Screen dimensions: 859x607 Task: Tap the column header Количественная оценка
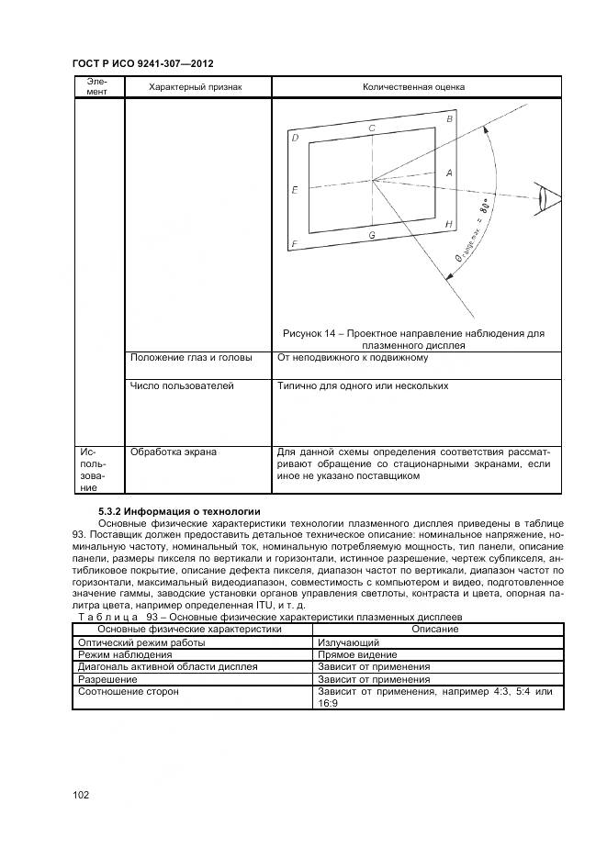(x=413, y=87)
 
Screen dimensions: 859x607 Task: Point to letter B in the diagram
(x=449, y=119)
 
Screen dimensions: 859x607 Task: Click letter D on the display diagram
(x=295, y=139)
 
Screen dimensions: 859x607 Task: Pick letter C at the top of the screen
(x=371, y=129)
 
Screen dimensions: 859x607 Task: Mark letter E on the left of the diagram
(x=294, y=191)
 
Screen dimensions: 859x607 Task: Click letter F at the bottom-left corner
(x=294, y=244)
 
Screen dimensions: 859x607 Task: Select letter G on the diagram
(x=371, y=236)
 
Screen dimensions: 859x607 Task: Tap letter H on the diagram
(x=448, y=225)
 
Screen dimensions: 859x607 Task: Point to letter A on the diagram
(x=448, y=173)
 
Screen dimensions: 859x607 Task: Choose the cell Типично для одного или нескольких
(x=363, y=386)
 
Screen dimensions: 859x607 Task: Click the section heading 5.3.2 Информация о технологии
(x=179, y=511)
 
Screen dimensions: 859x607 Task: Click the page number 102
(x=80, y=795)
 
